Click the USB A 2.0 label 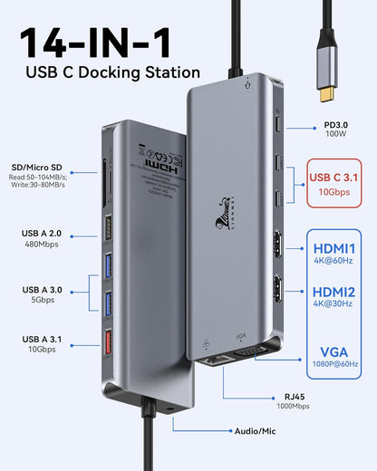[x=42, y=233]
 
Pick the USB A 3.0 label [x=42, y=289]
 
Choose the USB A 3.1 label [x=42, y=339]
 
